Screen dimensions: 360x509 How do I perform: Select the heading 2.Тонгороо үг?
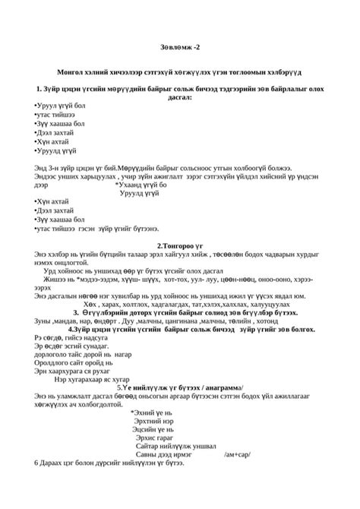coord(179,245)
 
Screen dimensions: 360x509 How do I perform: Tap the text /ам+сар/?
coord(238,454)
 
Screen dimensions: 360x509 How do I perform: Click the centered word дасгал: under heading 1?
coord(179,97)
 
